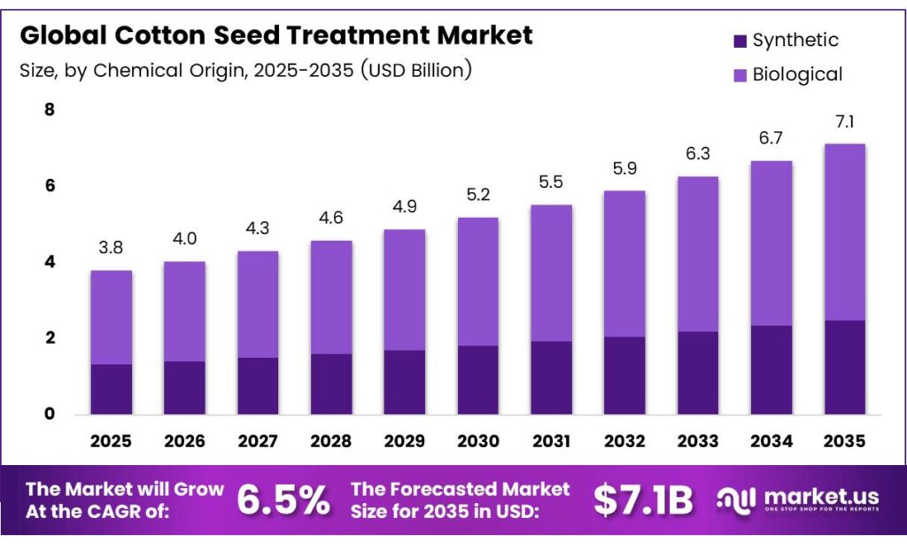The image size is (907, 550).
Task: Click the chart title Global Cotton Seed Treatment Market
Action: [x=276, y=35]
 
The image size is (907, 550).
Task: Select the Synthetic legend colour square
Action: [x=740, y=41]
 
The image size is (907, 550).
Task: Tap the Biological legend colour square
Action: [x=740, y=74]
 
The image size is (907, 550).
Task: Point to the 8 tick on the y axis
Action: [x=50, y=110]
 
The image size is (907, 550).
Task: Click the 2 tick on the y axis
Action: [x=50, y=338]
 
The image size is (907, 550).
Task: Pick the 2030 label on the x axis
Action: [x=479, y=441]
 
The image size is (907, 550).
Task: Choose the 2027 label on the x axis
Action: [x=257, y=441]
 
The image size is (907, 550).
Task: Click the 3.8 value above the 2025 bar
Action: [x=110, y=249]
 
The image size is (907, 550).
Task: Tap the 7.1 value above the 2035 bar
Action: [x=844, y=122]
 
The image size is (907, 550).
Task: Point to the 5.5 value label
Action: [x=552, y=182]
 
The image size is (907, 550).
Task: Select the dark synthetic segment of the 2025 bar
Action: [x=111, y=389]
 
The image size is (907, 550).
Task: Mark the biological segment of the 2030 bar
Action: [x=479, y=282]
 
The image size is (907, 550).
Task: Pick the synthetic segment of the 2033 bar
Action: [x=698, y=373]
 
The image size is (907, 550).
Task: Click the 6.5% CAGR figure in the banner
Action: [x=283, y=500]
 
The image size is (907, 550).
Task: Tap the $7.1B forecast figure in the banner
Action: [x=643, y=500]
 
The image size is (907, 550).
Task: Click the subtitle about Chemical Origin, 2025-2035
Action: [x=245, y=70]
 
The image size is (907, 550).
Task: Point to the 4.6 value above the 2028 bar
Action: [x=330, y=219]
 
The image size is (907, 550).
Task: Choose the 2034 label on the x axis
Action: [x=771, y=441]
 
